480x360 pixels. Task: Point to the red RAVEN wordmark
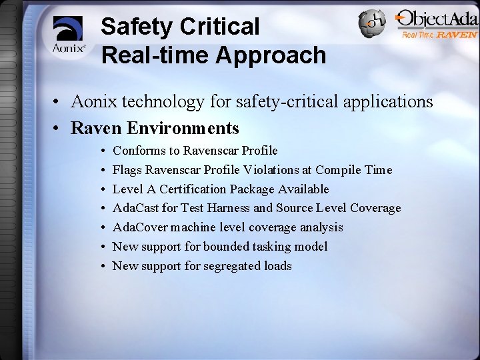(x=457, y=35)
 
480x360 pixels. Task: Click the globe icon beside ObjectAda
(x=372, y=24)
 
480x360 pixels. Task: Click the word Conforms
(x=137, y=151)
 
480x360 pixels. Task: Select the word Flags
(x=127, y=170)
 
